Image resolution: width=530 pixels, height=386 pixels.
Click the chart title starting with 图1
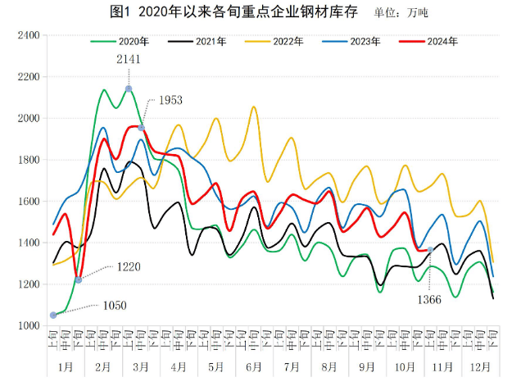coord(232,12)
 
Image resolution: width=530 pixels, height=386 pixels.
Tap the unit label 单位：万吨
coord(401,13)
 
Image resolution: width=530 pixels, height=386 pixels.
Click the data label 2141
coord(129,60)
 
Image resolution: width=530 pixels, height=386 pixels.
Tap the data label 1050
coord(115,305)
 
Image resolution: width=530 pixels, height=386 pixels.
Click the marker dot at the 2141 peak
coord(129,89)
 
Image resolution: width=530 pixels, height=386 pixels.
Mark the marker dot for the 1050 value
coord(54,315)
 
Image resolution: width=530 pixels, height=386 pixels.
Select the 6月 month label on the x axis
coord(252,366)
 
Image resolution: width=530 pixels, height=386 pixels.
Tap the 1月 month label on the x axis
coord(66,366)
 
